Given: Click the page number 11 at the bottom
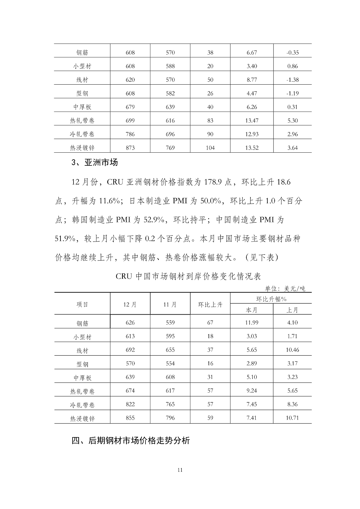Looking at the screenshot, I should click(180, 470).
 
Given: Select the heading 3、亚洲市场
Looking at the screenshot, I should click(95, 163).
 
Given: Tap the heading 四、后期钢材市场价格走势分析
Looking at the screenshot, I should click(131, 441).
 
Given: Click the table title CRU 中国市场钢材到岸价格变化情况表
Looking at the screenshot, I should click(188, 276).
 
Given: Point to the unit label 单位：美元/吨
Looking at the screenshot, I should click(285, 289).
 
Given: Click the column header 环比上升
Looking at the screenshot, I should click(210, 304).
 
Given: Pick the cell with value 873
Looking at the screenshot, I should click(130, 148).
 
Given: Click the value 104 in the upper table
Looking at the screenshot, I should click(210, 148).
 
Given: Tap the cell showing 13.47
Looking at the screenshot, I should click(251, 121).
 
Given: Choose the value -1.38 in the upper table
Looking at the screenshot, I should click(292, 80).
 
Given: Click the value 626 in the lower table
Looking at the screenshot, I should click(130, 323).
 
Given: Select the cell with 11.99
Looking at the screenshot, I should click(251, 323).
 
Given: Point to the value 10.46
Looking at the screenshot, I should click(292, 350).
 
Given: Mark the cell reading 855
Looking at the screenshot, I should click(130, 418).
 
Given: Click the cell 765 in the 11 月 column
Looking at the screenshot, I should click(170, 404).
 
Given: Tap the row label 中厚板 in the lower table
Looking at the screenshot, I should click(82, 378).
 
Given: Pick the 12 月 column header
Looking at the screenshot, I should click(130, 304).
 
